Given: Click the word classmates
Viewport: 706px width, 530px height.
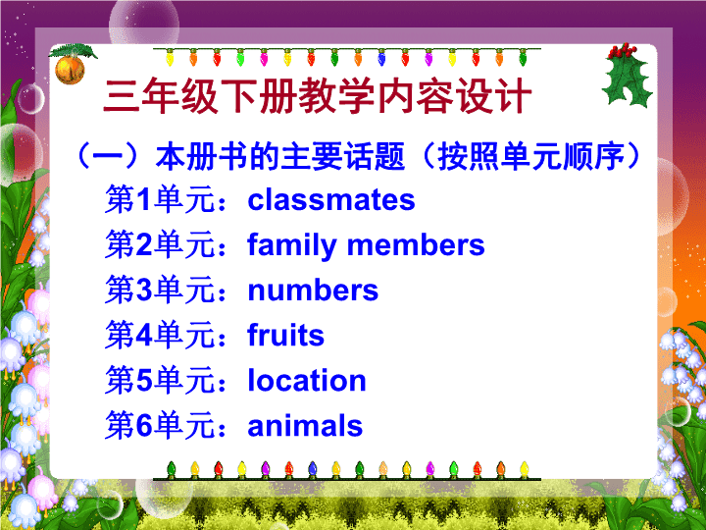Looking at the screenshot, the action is click(331, 200).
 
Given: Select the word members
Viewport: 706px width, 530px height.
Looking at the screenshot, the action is click(416, 245).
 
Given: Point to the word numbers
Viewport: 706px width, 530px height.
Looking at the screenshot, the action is click(313, 291).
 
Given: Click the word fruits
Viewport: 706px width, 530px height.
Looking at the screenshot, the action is click(286, 335).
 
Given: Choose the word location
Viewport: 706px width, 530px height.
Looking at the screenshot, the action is click(307, 380).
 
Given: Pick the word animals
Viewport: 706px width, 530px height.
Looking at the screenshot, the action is click(305, 425).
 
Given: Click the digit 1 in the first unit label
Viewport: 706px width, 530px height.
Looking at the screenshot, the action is click(143, 199).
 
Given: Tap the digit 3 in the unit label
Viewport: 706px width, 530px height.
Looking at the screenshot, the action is click(144, 291).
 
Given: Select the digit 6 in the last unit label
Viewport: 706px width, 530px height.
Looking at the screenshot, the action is click(144, 425).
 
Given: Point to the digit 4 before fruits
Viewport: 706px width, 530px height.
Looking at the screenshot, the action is click(144, 336).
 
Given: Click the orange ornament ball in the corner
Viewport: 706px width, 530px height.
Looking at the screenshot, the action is click(70, 70).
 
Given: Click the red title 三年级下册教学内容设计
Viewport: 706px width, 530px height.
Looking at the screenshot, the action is click(318, 95).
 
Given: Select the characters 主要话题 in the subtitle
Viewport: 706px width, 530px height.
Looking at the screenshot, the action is click(342, 156).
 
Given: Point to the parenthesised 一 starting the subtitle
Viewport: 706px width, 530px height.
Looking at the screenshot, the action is click(108, 156).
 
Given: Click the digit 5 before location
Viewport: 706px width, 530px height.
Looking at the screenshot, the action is click(144, 381).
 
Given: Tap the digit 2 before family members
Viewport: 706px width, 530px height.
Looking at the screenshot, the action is click(144, 245).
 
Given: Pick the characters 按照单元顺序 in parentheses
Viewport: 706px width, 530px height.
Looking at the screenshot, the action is click(530, 156).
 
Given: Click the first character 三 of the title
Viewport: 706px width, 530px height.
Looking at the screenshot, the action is click(121, 96).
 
